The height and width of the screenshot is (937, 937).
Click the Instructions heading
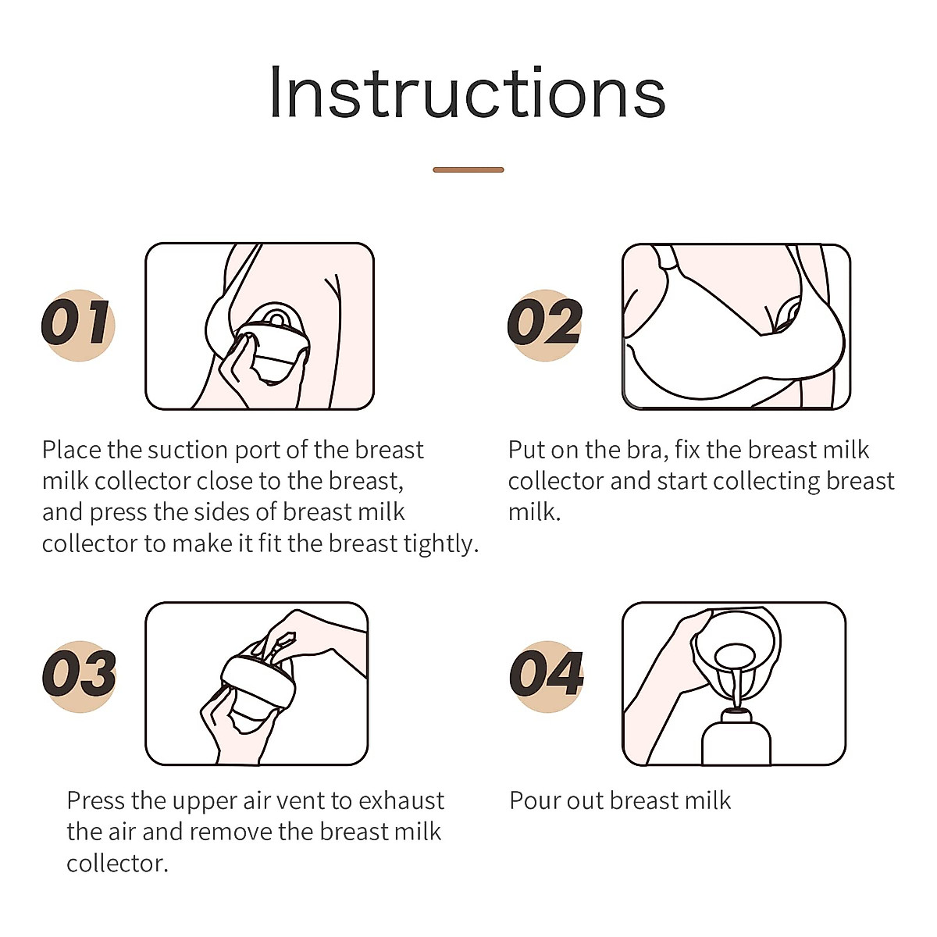point(468,92)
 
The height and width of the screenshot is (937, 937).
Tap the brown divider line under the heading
point(468,169)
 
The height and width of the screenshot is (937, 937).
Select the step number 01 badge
point(78,325)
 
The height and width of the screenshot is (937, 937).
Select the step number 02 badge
point(544,325)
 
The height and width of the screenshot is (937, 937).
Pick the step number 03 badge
point(80,676)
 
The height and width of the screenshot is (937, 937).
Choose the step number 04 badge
point(546,676)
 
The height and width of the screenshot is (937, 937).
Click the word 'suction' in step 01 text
point(189,451)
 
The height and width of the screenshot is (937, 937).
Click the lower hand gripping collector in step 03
point(237,727)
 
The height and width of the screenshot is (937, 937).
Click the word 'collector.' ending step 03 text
point(117,864)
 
